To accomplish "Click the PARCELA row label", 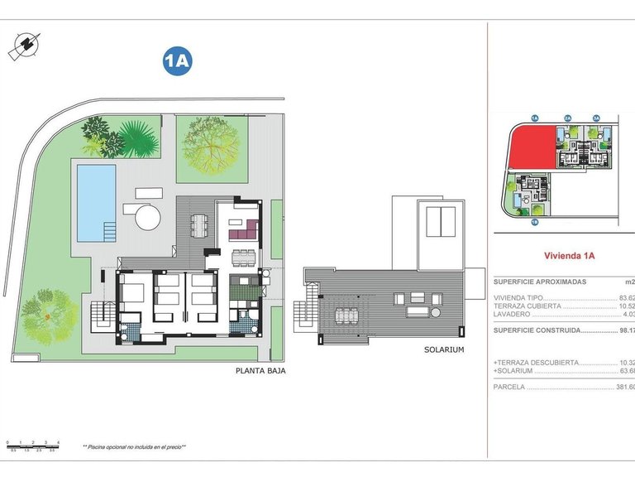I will point(510,387).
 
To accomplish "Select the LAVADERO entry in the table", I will point(512,314).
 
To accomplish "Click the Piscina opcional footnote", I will point(134,446).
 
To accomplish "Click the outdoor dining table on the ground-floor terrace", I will point(198,224).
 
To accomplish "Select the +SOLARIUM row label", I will point(514,371).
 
